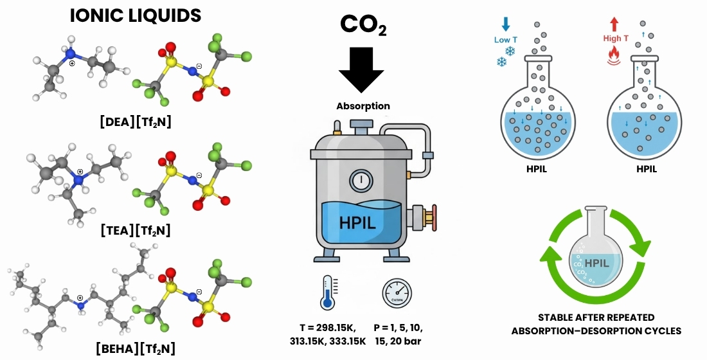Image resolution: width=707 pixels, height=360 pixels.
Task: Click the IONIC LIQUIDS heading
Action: click(135, 16)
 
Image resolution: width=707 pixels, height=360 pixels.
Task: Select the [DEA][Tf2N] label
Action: click(135, 122)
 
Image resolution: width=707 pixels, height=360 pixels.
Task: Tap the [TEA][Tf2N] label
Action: click(135, 230)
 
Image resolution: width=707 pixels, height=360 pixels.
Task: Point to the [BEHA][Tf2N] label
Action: click(135, 349)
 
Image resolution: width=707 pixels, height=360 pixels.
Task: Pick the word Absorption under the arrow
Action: click(363, 105)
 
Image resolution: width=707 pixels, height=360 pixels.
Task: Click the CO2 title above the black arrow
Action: click(363, 24)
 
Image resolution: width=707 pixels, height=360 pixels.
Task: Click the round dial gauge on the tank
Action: click(361, 180)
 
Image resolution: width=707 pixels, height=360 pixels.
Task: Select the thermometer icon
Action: click(328, 292)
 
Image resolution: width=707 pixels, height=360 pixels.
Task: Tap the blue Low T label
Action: click(505, 40)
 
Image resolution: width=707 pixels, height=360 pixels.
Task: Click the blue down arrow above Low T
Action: click(505, 24)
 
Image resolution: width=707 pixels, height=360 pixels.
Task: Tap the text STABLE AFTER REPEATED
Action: click(596, 318)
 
